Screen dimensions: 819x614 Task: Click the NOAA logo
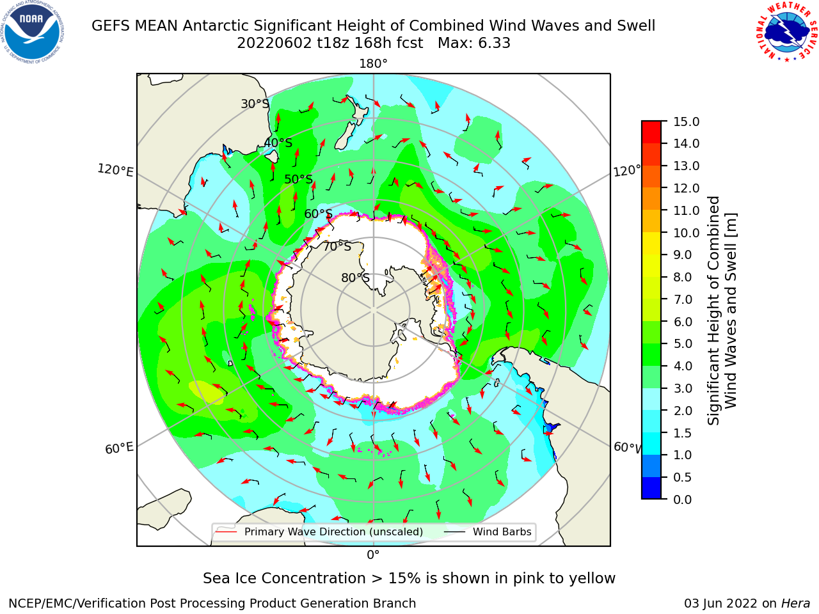point(33,32)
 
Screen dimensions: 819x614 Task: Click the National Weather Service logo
point(786,32)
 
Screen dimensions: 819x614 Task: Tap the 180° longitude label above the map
point(373,64)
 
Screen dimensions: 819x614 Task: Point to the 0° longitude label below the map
point(373,555)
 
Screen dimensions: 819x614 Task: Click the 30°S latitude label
point(255,104)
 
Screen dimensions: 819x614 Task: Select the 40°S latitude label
point(278,143)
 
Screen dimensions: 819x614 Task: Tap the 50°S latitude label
point(299,179)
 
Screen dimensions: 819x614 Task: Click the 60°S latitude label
point(318,214)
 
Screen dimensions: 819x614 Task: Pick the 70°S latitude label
point(337,246)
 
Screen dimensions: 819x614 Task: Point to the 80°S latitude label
point(356,278)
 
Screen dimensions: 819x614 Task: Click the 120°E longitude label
point(115,170)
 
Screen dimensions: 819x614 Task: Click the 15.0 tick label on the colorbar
point(686,122)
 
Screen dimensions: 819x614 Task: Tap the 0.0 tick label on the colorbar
point(683,500)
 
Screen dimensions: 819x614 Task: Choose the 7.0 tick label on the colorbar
point(683,299)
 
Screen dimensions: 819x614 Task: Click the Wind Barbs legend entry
point(488,531)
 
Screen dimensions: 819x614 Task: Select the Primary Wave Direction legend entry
point(320,531)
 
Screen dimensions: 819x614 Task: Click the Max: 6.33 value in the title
point(474,43)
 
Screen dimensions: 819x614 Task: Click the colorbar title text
point(722,311)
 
